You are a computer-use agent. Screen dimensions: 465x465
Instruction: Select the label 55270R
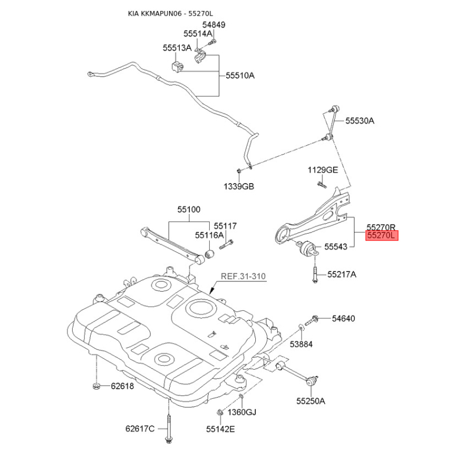pyautogui.click(x=381, y=227)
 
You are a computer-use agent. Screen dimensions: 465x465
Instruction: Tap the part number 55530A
pyautogui.click(x=360, y=121)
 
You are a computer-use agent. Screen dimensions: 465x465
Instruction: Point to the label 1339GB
pyautogui.click(x=239, y=187)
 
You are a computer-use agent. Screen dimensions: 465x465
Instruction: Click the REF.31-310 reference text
pyautogui.click(x=242, y=277)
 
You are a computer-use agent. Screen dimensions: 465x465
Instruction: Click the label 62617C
pyautogui.click(x=140, y=429)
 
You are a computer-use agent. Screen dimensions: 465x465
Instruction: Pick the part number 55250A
pyautogui.click(x=310, y=400)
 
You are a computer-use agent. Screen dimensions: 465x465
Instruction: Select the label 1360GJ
pyautogui.click(x=241, y=412)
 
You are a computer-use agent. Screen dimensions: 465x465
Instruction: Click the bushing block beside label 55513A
pyautogui.click(x=177, y=65)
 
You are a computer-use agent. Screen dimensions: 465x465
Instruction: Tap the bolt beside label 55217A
pyautogui.click(x=314, y=273)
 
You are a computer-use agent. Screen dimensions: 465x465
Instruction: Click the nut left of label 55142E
pyautogui.click(x=220, y=413)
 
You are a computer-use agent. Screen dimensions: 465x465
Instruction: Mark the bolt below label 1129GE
pyautogui.click(x=321, y=185)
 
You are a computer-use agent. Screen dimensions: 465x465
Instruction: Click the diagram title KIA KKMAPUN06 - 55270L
pyautogui.click(x=174, y=13)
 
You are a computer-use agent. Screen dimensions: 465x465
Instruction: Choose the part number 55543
pyautogui.click(x=336, y=247)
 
